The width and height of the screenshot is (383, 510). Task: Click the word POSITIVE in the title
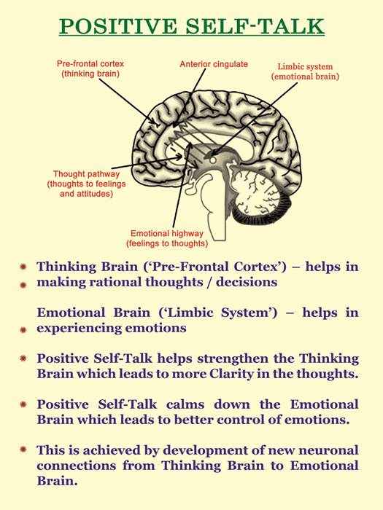118,26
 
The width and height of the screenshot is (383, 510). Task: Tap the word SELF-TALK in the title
255,26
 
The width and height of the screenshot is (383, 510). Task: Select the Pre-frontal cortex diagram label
90,68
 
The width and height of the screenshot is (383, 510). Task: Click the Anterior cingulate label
214,64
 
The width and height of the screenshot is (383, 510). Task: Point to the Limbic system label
305,71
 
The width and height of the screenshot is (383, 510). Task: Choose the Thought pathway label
86,184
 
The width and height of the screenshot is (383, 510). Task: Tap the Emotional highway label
167,238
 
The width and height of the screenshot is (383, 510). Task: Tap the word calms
185,404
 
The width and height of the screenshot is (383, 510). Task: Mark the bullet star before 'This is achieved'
23,450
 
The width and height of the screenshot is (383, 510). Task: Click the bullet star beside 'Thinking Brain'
23,267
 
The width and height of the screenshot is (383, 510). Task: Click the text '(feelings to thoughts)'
167,243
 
